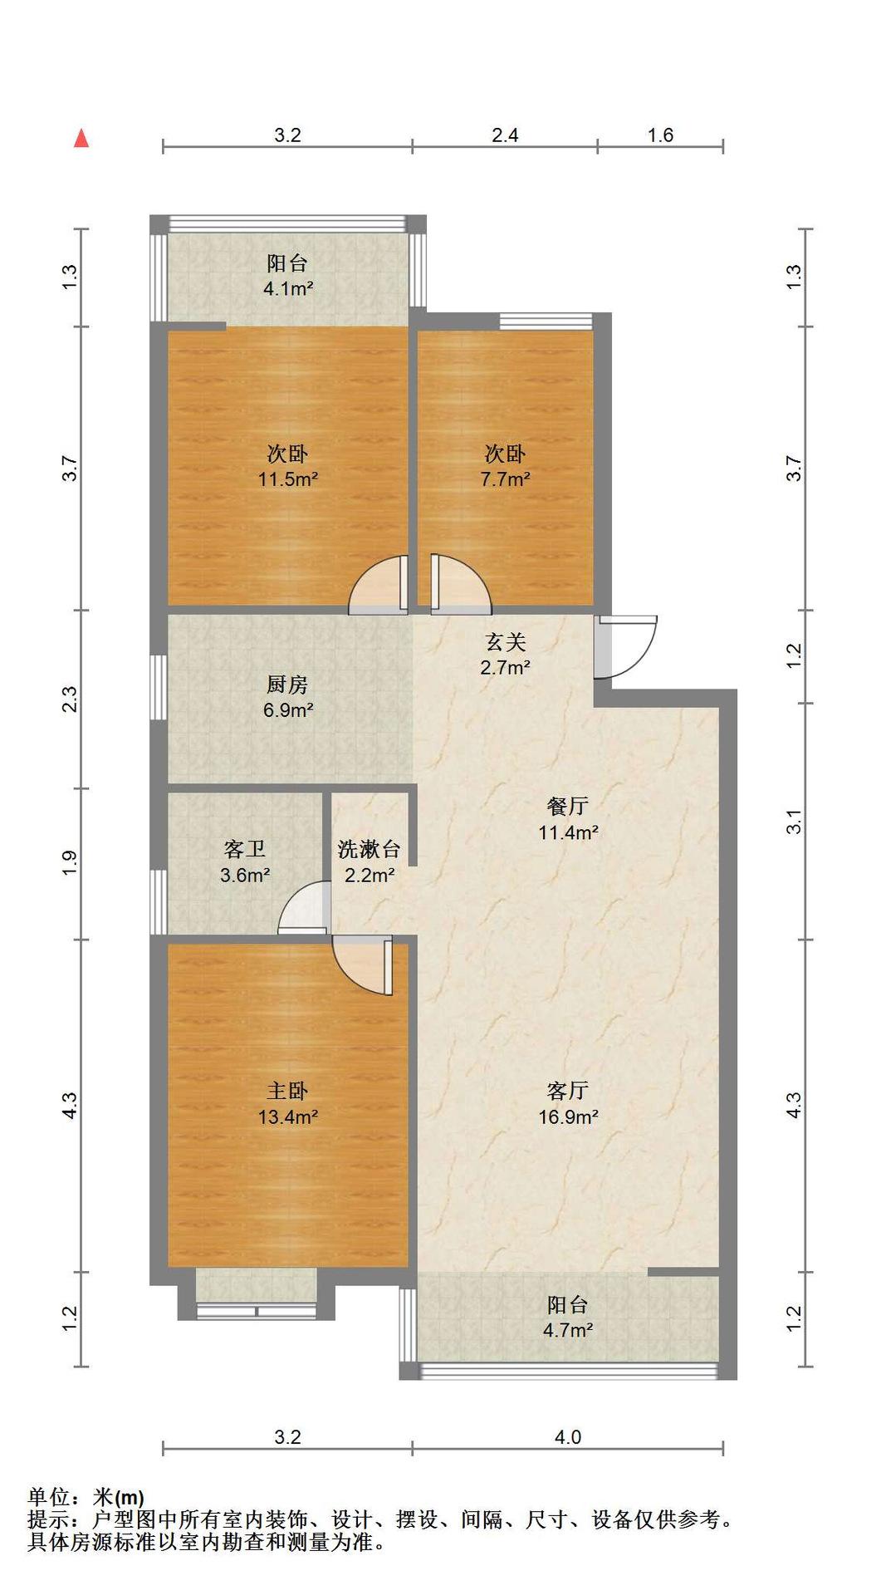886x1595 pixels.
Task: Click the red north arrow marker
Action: pyautogui.click(x=81, y=138)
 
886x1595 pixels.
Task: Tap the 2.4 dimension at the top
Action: pyautogui.click(x=505, y=135)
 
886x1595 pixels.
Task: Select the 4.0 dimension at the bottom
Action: pyautogui.click(x=568, y=1436)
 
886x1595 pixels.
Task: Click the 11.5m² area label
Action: pyautogui.click(x=288, y=479)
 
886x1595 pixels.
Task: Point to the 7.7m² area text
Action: pyautogui.click(x=505, y=479)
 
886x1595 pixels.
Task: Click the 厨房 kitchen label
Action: pyautogui.click(x=287, y=685)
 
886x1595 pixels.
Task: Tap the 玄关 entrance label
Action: pyautogui.click(x=505, y=641)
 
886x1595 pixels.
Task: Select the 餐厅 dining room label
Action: pyautogui.click(x=568, y=806)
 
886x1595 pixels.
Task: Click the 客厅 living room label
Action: pyautogui.click(x=568, y=1090)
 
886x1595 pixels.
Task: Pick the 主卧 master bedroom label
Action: pyautogui.click(x=287, y=1090)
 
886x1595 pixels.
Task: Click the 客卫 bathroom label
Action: pyautogui.click(x=244, y=849)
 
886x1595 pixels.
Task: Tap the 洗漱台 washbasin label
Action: pyautogui.click(x=369, y=849)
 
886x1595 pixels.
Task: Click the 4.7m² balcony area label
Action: pyautogui.click(x=568, y=1330)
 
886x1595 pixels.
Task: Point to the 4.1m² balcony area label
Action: pyautogui.click(x=288, y=289)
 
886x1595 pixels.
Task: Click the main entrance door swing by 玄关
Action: pyautogui.click(x=626, y=646)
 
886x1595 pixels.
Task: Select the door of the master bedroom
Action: pyautogui.click(x=363, y=964)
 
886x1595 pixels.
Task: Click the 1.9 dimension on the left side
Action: pyautogui.click(x=70, y=862)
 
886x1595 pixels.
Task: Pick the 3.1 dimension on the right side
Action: pyautogui.click(x=795, y=822)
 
